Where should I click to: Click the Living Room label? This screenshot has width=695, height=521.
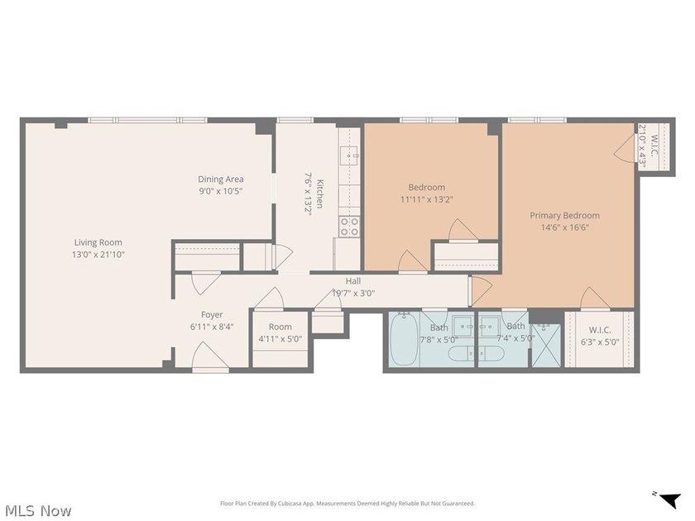98,242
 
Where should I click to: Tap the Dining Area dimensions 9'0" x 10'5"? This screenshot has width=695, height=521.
220,191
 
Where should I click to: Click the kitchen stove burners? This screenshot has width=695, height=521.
349,226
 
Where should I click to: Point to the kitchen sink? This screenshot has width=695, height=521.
349,155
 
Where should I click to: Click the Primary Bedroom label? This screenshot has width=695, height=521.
564,215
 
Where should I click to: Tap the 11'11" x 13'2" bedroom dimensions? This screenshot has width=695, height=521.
426,199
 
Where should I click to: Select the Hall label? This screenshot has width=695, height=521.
353,281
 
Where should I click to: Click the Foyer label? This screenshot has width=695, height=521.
212,314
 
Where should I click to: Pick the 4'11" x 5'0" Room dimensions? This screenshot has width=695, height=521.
280,339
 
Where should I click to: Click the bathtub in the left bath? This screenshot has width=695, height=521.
404,338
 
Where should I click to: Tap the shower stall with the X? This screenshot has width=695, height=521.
546,346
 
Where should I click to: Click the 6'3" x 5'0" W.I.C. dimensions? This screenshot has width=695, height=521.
600,342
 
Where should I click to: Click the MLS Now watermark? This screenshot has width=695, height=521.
39,511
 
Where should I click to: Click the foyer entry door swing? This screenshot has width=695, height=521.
210,356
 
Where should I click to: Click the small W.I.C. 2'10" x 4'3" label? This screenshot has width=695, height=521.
648,146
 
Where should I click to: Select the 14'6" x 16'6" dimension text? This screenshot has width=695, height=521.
564,227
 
